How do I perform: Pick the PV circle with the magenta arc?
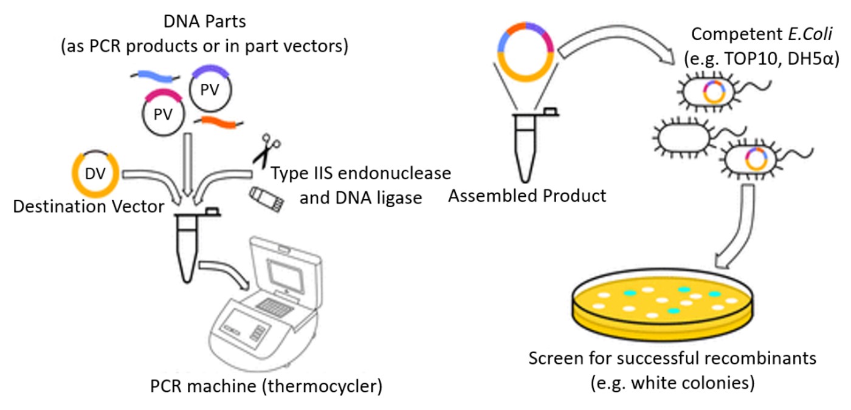pyautogui.click(x=164, y=114)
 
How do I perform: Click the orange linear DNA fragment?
pyautogui.click(x=220, y=123)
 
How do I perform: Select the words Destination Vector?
pyautogui.click(x=89, y=207)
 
